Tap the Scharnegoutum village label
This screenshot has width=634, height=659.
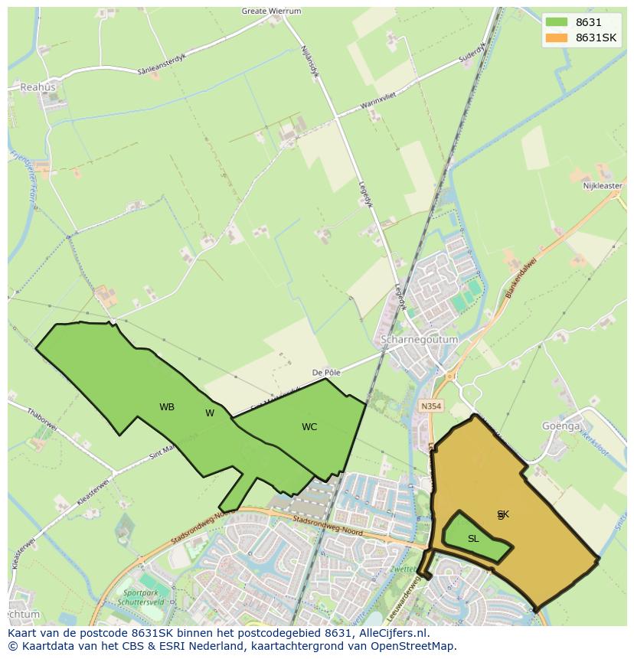coord(419,339)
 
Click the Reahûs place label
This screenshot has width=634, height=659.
coord(38,87)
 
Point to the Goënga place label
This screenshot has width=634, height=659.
coord(561,426)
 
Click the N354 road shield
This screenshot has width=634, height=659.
coord(431,406)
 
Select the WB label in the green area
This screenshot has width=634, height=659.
coord(167,407)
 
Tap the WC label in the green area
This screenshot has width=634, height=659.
coord(309,427)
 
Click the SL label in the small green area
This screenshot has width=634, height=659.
coord(473,539)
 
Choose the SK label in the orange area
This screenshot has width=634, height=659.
coord(503,514)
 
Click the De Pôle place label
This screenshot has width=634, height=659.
coord(325,373)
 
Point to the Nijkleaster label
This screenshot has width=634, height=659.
coord(603,186)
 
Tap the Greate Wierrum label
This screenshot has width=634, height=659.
coord(271,11)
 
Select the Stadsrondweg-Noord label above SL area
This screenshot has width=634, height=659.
coord(328,524)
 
